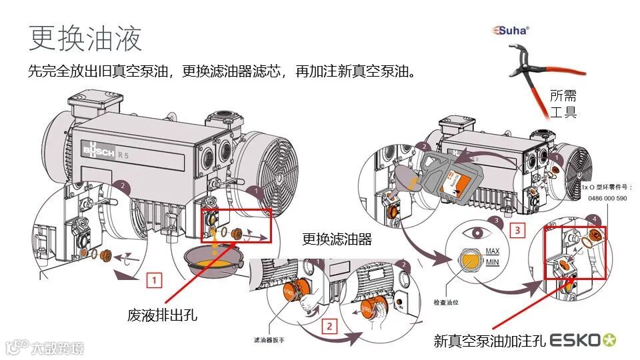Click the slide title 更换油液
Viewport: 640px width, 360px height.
coord(85,39)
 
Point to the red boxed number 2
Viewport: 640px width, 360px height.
coord(328,326)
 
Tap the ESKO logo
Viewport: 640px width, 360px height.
coord(583,340)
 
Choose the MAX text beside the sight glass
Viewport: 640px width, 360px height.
coord(492,251)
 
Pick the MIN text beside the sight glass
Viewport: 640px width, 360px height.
coord(492,263)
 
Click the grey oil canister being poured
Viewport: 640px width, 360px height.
coord(449,175)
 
